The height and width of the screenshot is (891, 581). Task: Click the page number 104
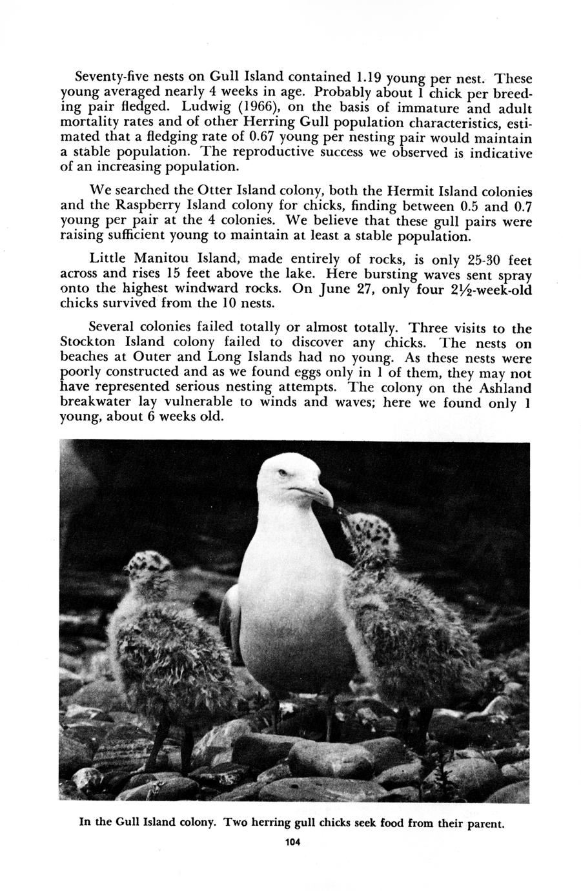292,841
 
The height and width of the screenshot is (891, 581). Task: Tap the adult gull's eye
281,473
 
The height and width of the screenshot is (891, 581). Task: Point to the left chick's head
147,568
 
